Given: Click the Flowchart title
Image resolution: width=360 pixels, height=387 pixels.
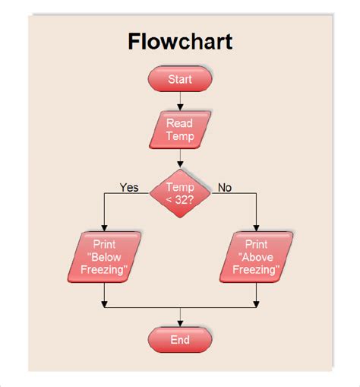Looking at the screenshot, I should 180,40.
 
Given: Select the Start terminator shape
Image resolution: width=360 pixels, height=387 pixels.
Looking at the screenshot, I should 180,79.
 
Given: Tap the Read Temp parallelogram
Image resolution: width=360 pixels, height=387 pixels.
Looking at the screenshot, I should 180,130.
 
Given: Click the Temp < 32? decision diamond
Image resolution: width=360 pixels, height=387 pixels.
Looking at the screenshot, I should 180,194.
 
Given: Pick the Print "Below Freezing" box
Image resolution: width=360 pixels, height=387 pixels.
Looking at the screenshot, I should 105,257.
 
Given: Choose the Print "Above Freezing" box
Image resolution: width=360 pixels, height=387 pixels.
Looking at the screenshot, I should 256,257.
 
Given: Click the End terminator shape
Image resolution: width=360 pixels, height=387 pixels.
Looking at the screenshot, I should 180,340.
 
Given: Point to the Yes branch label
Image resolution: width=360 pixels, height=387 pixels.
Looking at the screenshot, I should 129,187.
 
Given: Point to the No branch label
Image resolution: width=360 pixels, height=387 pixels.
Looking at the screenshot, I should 225,187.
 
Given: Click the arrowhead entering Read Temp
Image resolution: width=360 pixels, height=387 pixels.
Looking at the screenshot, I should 180,106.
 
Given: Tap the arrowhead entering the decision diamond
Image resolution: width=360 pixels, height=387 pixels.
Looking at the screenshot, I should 180,163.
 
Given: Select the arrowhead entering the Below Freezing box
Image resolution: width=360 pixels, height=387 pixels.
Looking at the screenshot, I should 105,227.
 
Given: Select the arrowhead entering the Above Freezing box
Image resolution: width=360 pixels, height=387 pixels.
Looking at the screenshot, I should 257,227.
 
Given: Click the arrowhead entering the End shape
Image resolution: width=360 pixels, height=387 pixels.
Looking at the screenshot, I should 180,322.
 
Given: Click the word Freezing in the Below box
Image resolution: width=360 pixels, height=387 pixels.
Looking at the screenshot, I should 104,269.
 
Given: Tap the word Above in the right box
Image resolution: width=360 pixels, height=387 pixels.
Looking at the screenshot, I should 256,257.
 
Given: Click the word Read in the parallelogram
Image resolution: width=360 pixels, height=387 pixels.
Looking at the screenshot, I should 180,123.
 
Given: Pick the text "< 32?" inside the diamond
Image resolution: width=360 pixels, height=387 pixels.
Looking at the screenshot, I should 180,200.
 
